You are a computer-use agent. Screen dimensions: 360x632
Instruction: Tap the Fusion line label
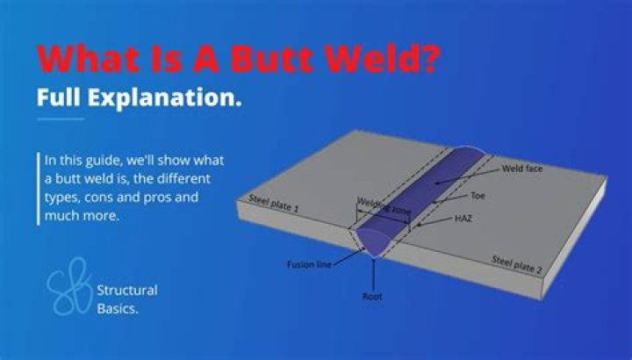[308, 263]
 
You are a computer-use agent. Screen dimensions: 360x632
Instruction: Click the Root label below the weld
[372, 297]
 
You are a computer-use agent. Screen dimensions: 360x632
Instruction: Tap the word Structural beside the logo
[128, 290]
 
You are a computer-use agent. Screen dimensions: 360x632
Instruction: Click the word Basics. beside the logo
[118, 307]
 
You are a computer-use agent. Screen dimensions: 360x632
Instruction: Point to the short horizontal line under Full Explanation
[61, 119]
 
